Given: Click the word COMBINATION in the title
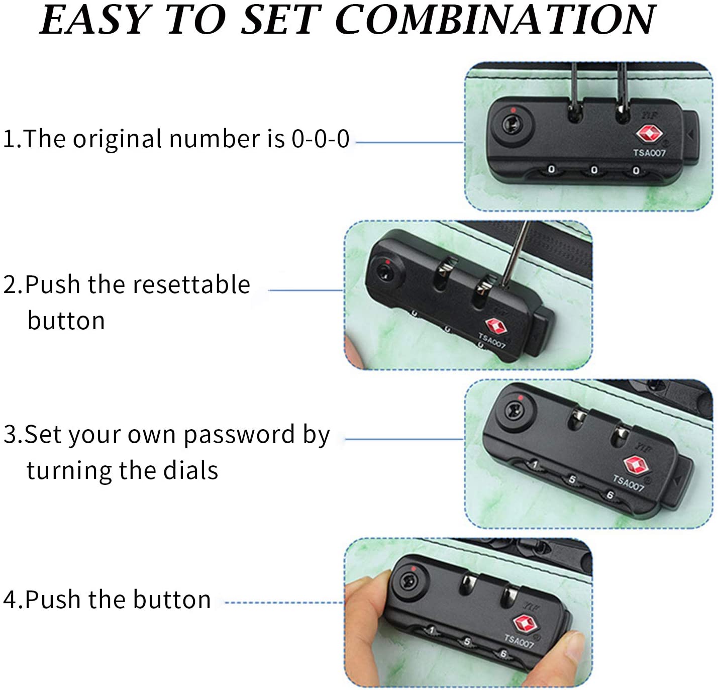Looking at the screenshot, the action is pyautogui.click(x=495, y=20).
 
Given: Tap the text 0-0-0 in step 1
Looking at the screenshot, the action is pyautogui.click(x=320, y=139).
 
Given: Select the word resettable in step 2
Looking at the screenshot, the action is pyautogui.click(x=191, y=285).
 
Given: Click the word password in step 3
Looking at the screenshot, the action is pyautogui.click(x=239, y=436).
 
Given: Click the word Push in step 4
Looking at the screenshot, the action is pyautogui.click(x=55, y=599).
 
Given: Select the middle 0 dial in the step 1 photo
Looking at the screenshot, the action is pyautogui.click(x=594, y=170).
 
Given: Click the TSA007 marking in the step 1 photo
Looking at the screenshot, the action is pyautogui.click(x=649, y=153).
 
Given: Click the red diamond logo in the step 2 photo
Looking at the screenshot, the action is pyautogui.click(x=496, y=326).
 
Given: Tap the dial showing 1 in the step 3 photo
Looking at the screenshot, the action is pyautogui.click(x=534, y=465).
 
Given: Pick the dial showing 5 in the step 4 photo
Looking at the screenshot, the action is pyautogui.click(x=467, y=642).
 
